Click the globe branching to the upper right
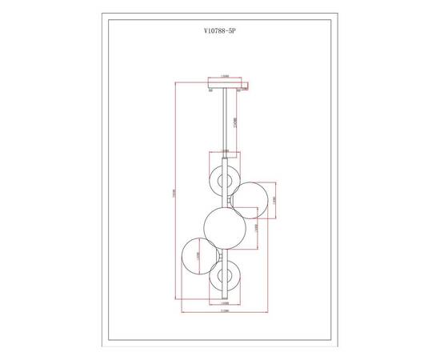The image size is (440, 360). point(253,200)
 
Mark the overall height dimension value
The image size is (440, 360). point(175,196)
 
